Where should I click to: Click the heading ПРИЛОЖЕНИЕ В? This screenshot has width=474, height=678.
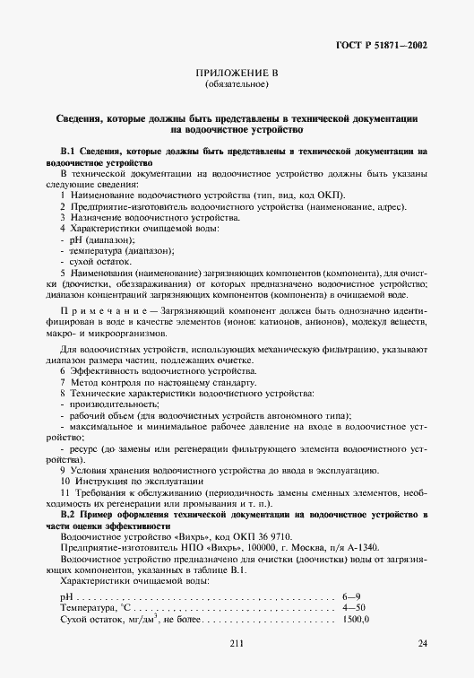click(237, 73)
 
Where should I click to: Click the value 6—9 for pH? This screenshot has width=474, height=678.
click(352, 595)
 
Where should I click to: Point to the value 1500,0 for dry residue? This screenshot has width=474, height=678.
click(357, 620)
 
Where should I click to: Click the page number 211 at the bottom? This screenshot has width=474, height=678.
click(237, 643)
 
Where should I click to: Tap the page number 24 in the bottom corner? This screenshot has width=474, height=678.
click(422, 643)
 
